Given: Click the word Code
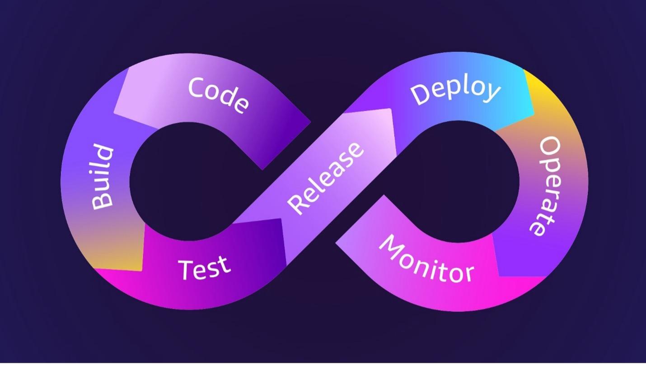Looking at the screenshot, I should (218, 95).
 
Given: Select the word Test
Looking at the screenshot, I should (205, 267).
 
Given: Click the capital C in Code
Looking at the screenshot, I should (198, 87).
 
